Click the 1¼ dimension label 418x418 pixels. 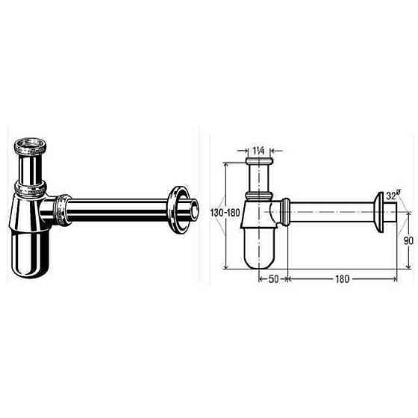(x=261, y=151)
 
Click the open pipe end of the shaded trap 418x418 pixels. (x=193, y=210)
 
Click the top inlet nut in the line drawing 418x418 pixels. (x=261, y=161)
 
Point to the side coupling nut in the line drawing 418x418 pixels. (x=285, y=213)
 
